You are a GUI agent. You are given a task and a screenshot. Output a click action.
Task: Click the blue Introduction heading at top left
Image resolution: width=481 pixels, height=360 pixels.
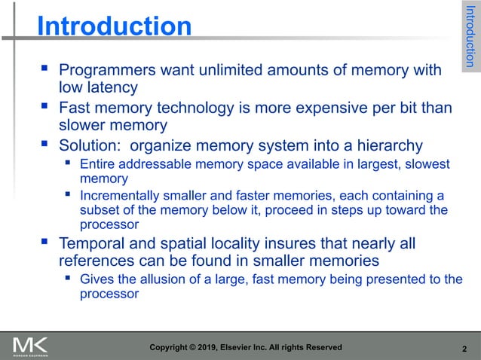coord(115,27)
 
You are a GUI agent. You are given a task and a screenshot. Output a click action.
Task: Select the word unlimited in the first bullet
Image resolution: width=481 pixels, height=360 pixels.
coord(223,71)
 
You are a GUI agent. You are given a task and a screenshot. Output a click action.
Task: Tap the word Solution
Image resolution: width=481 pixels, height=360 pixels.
coord(87,145)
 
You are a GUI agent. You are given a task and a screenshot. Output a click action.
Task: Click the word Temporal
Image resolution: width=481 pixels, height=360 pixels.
coord(93,244)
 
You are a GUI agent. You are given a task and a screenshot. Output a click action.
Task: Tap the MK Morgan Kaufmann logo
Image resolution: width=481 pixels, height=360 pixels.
coord(30,347)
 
